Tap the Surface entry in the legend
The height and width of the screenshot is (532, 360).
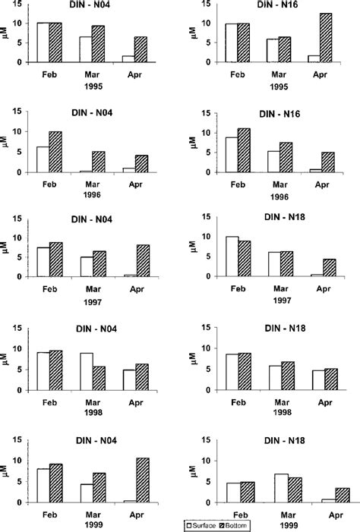[205, 525]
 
